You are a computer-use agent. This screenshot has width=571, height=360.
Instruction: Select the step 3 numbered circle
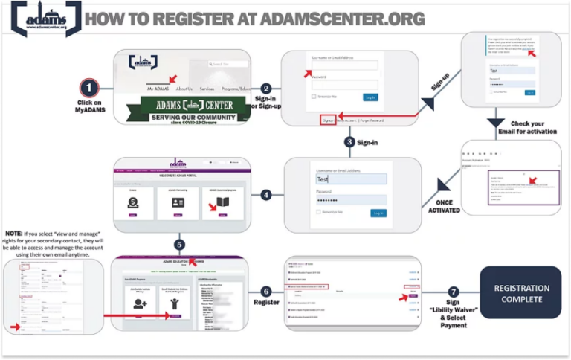point(349,141)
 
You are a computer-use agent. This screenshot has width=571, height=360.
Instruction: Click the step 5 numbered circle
point(178,245)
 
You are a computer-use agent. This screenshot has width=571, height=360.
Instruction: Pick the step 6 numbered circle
point(266,292)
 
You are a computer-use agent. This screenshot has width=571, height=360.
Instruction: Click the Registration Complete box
point(522,292)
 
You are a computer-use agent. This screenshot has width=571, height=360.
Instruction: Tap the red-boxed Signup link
point(327,120)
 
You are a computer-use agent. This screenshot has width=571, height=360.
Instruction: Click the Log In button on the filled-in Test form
point(378,213)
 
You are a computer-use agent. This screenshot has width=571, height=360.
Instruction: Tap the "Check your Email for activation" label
point(528,128)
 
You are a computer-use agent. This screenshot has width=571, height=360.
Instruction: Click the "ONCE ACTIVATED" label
point(444,206)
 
